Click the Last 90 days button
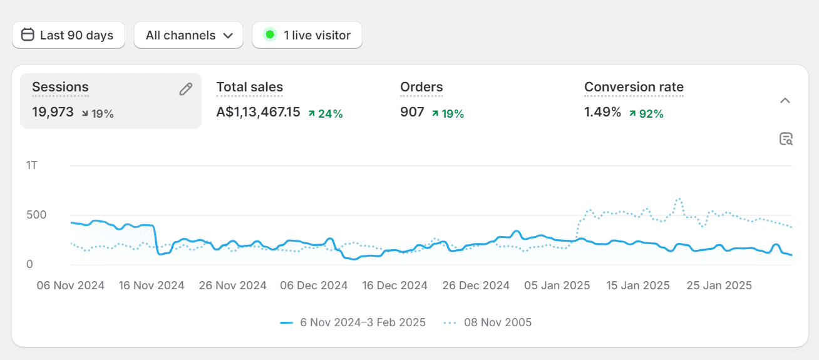[x=68, y=35]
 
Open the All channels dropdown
[x=188, y=35]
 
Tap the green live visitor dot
[x=270, y=35]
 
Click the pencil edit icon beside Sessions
[x=185, y=90]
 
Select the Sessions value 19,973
[x=53, y=113]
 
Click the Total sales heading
[x=249, y=87]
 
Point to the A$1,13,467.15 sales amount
[x=258, y=113]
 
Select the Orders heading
[x=421, y=87]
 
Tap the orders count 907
[x=412, y=113]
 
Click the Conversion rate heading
[x=634, y=87]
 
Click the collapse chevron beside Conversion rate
[x=785, y=101]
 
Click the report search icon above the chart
[x=786, y=139]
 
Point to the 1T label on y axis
[x=32, y=165]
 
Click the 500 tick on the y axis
[x=36, y=215]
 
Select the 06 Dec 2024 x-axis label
[x=314, y=285]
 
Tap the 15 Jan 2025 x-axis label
[x=638, y=285]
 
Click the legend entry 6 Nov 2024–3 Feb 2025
[x=353, y=322]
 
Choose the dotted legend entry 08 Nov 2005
[x=488, y=322]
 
